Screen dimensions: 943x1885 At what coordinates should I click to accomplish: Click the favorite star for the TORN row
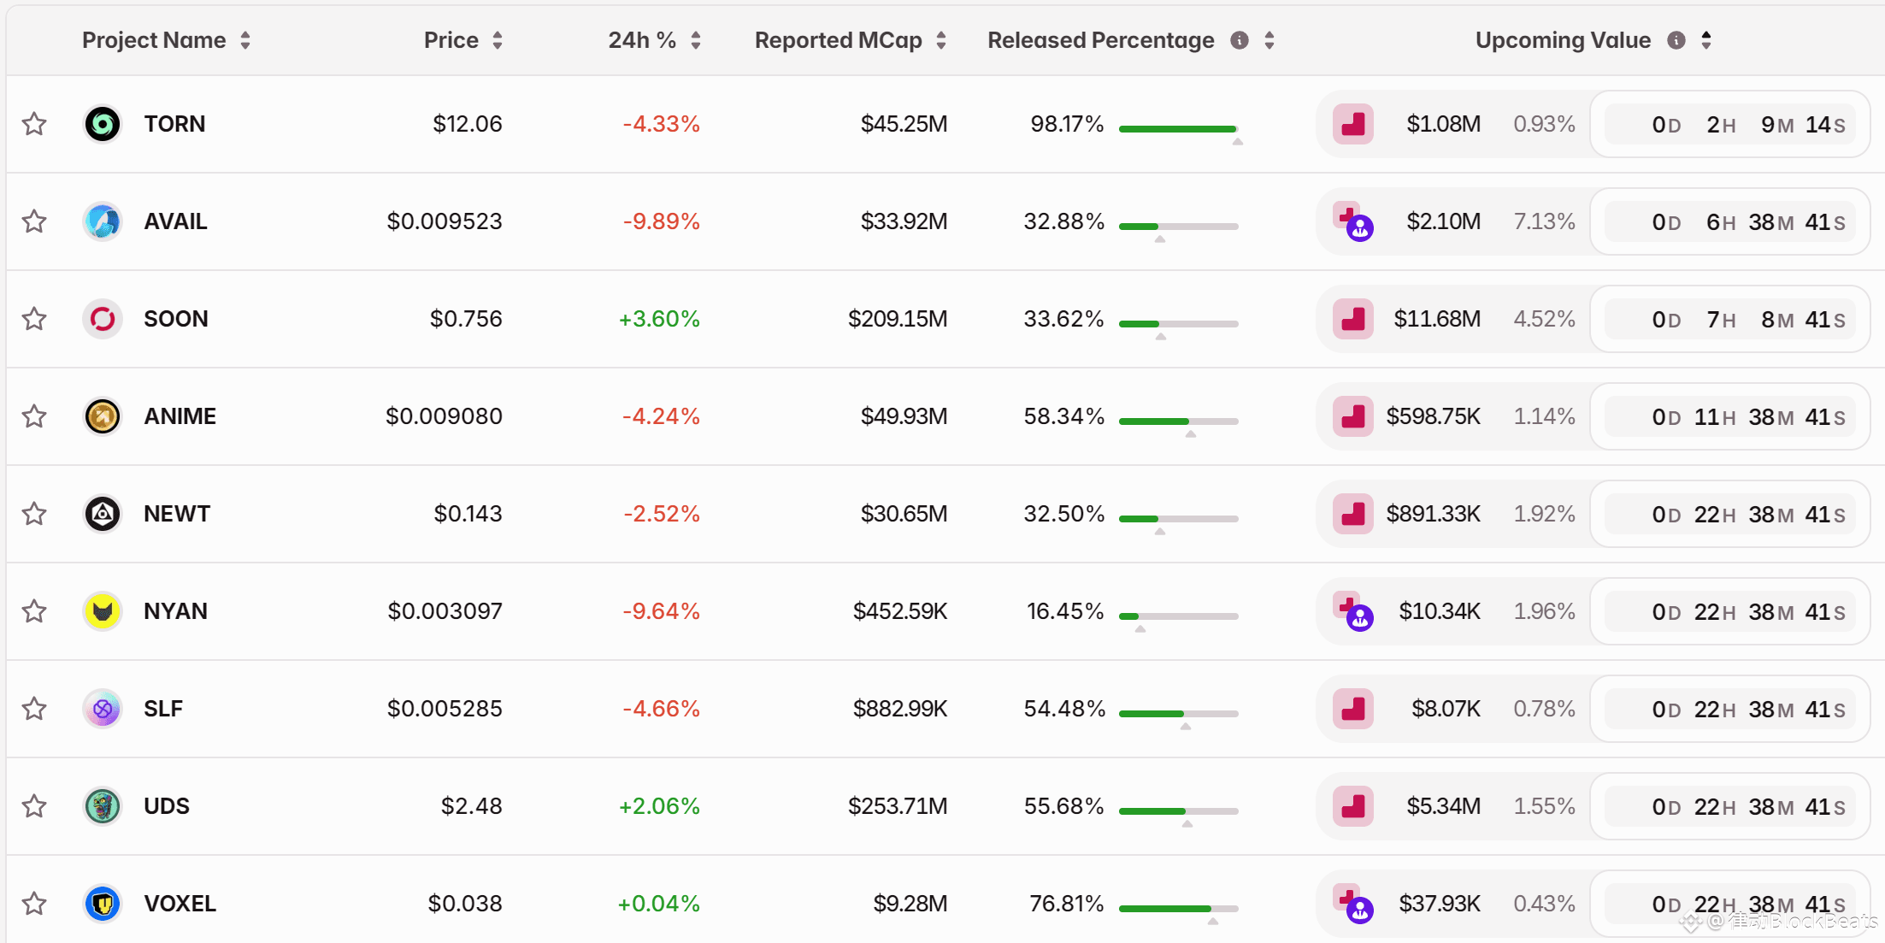[x=34, y=124]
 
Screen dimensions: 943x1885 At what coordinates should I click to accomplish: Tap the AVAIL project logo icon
[x=103, y=221]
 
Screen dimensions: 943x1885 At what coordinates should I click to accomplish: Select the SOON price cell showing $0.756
[x=466, y=319]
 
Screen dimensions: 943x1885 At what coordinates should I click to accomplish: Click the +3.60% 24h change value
[x=659, y=319]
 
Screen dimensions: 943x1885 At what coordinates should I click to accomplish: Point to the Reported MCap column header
[x=838, y=40]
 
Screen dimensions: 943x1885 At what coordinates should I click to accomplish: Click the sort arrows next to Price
[x=498, y=40]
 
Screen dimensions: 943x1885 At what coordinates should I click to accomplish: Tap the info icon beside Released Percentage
[x=1239, y=40]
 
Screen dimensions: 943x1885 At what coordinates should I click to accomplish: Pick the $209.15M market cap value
[x=898, y=319]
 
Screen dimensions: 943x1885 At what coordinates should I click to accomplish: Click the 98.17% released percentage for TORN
[x=1067, y=124]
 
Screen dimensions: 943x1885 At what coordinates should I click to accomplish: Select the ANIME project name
[x=180, y=416]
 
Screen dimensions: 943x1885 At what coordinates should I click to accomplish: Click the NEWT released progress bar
[x=1178, y=518]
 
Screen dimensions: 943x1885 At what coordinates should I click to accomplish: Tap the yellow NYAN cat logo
[x=103, y=611]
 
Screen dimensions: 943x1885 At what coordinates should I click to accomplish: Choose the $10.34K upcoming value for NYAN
[x=1440, y=611]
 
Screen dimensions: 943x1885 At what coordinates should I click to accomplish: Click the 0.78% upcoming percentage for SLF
[x=1544, y=709]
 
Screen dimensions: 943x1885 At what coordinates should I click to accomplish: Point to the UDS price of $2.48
[x=471, y=806]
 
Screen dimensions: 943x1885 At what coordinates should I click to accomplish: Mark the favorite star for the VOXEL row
[x=34, y=904]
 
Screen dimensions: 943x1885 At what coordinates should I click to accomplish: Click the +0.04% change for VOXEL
[x=658, y=904]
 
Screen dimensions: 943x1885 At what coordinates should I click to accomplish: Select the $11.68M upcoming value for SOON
[x=1437, y=319]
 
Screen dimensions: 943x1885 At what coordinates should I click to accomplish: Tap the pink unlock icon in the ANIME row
[x=1353, y=416]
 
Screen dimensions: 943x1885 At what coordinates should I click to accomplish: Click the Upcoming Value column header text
[x=1563, y=40]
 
